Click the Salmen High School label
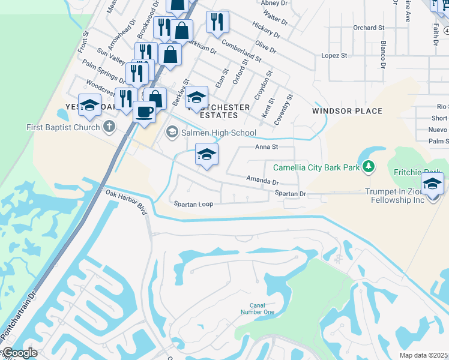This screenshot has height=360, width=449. coord(218,133)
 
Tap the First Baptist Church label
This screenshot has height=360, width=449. coord(63,127)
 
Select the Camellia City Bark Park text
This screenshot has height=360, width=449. coord(316,167)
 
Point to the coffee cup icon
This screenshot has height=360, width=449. coord(144,112)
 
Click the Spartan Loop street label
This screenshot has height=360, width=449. coord(194,204)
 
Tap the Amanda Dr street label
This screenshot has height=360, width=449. coord(262,181)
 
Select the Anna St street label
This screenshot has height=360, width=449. coord(267,146)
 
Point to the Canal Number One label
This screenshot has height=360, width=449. coord(258,308)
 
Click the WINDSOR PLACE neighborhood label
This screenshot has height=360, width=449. coord(347,111)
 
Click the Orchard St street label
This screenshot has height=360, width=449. coord(369,28)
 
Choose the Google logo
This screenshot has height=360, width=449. coord(20,353)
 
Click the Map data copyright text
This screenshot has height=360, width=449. coord(423,355)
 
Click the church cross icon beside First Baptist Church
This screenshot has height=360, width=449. coord(109,127)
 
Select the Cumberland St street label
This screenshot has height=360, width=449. coord(241,51)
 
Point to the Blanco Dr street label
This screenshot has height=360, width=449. coord(382,55)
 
